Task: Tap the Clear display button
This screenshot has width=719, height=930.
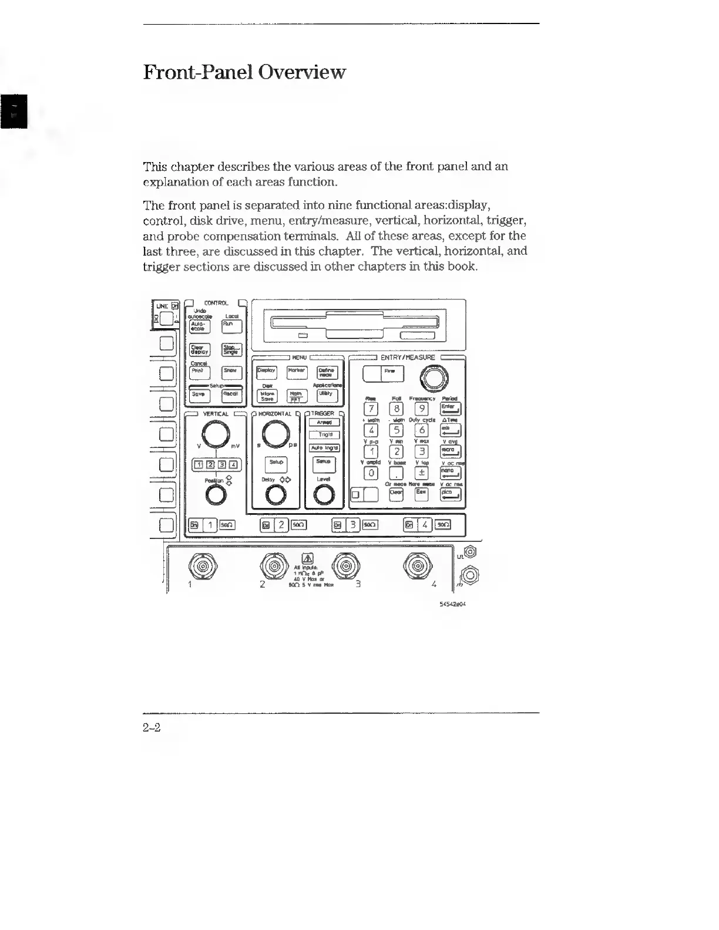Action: click(x=199, y=350)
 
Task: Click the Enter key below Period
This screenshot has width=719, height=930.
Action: click(x=451, y=409)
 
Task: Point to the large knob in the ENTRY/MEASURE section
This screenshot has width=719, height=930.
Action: click(x=433, y=378)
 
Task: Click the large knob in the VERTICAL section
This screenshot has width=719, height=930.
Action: click(x=216, y=435)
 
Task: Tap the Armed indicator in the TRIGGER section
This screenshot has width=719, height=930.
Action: click(x=324, y=422)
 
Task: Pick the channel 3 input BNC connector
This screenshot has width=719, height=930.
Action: click(x=346, y=566)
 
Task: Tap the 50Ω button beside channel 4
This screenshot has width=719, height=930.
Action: click(x=443, y=525)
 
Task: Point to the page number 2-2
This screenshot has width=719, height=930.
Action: click(x=152, y=728)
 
